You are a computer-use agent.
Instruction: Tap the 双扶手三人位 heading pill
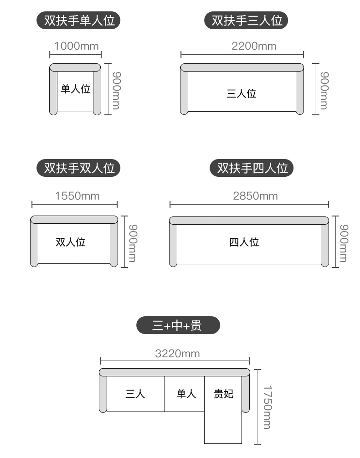coord(247,21)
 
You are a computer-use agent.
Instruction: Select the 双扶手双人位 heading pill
coord(79,168)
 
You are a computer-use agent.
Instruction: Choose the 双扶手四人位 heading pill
coord(252,168)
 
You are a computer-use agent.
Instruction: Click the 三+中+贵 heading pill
coord(178,325)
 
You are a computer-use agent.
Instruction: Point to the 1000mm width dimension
coord(76,46)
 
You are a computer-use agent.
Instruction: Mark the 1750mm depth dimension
coord(267,407)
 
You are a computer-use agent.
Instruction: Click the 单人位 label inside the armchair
coord(76,89)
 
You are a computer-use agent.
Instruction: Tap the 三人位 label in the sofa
coord(242,94)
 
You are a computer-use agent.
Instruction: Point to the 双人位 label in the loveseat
coord(71,242)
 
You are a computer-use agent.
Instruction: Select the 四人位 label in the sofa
coord(244,242)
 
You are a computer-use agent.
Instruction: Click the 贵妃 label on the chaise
coord(224,394)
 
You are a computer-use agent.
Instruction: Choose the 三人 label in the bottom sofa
coord(135,394)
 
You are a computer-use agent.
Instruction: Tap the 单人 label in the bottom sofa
coord(186,394)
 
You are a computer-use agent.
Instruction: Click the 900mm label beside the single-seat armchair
coord(116,90)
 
